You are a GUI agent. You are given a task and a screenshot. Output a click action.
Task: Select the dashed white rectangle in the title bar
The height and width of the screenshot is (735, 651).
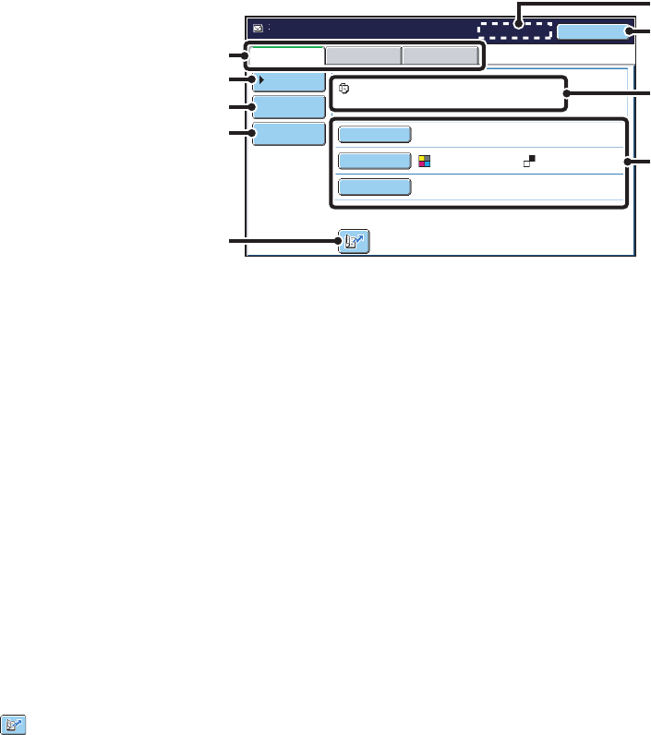(514, 30)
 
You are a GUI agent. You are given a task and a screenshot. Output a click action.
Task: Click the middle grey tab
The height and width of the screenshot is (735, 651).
(364, 55)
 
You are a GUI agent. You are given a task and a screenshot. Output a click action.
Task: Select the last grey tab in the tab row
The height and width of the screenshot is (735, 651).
(440, 55)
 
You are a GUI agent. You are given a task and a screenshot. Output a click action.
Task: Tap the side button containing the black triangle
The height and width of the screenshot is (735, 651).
(288, 81)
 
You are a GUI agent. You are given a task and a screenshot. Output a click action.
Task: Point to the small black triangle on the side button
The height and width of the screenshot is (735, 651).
(260, 80)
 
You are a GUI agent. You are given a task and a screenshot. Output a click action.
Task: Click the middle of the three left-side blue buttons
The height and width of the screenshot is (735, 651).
(288, 108)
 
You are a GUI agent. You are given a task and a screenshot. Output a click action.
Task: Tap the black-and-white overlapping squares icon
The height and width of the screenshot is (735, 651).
(530, 161)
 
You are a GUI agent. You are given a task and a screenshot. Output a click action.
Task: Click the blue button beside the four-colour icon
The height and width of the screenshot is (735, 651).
(374, 161)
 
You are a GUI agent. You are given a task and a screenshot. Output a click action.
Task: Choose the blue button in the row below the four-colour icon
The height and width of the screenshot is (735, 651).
(374, 187)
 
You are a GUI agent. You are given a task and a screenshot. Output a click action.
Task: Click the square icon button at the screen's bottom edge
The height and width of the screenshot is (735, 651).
(354, 243)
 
